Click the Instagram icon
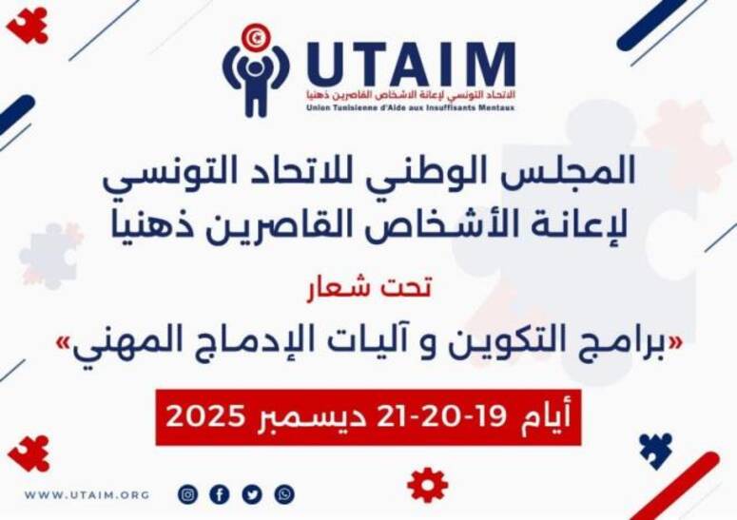pos(188,494)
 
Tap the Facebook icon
pos(220,494)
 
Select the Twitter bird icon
pos(252,494)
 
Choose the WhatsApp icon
pos(284,494)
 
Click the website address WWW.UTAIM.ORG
pos(87,495)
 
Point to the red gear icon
pos(427,485)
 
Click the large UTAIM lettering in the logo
pos(410,65)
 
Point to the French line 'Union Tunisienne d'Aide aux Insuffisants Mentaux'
pos(410,107)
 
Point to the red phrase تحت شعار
pos(384,289)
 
